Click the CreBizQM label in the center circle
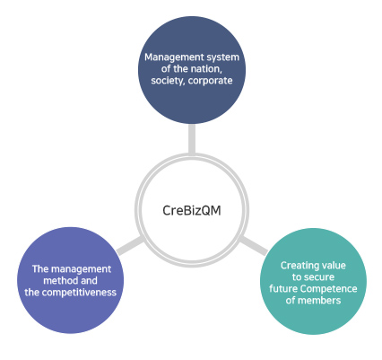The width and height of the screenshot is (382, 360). [192, 210]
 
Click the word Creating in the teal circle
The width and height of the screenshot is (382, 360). [296, 266]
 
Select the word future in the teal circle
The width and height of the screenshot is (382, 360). [283, 289]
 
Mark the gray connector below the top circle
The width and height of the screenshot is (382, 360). [192, 138]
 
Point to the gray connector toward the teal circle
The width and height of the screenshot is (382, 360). [254, 246]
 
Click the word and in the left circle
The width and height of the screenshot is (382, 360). [89, 281]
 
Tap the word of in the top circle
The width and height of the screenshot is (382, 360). [166, 69]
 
